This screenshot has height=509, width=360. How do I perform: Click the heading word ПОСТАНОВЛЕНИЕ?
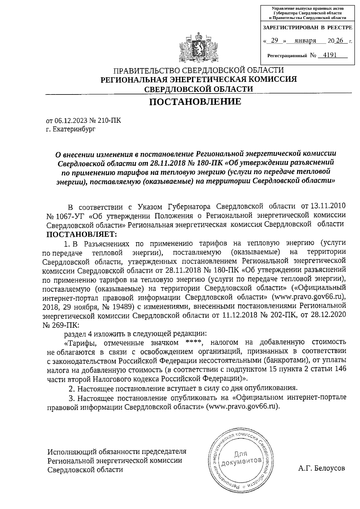tap(195, 102)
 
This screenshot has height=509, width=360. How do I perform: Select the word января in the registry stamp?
tap(305, 41)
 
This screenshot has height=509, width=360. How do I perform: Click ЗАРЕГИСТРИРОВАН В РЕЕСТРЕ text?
tap(307, 28)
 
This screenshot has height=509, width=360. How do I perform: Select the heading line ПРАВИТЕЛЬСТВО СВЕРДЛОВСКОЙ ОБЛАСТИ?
tap(198, 71)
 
